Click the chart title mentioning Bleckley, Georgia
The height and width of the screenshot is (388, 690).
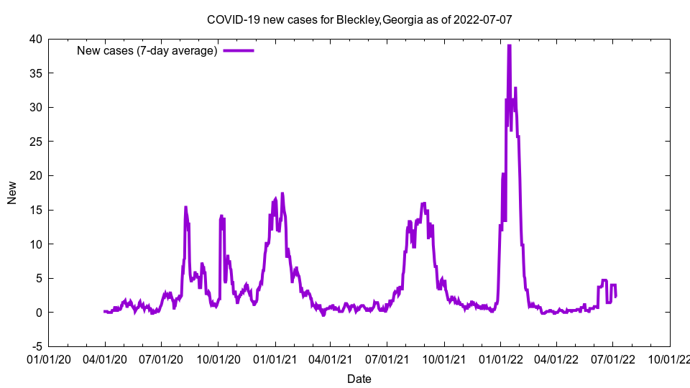pyautogui.click(x=359, y=19)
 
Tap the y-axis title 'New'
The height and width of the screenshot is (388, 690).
pyautogui.click(x=12, y=193)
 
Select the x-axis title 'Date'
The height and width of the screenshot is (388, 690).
pyautogui.click(x=359, y=379)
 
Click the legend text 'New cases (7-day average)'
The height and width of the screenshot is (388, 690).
pyautogui.click(x=147, y=50)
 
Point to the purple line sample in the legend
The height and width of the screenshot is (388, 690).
pyautogui.click(x=239, y=50)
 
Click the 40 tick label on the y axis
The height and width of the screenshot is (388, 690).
pyautogui.click(x=35, y=39)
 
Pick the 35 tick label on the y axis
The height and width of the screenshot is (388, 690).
pyautogui.click(x=35, y=73)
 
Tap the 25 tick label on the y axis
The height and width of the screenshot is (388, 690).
pyautogui.click(x=35, y=142)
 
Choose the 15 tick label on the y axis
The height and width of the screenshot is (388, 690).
pyautogui.click(x=35, y=210)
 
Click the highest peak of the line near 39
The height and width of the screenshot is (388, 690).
pyautogui.click(x=509, y=46)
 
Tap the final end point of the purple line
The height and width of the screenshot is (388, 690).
pyautogui.click(x=616, y=296)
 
